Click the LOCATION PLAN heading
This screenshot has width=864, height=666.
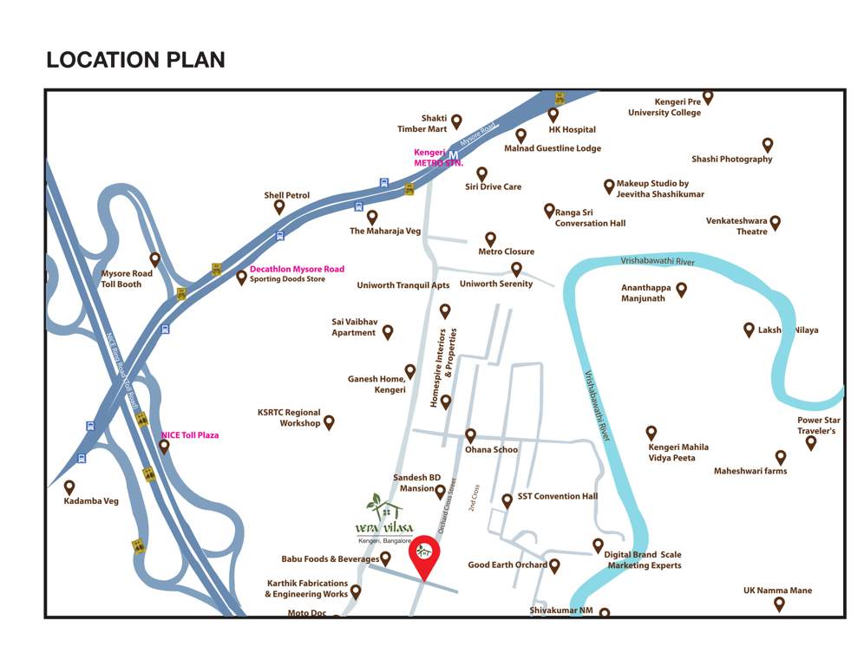pos(135,60)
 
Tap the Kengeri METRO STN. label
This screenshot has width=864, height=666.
pos(437,158)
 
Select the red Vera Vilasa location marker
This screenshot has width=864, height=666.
pos(424,555)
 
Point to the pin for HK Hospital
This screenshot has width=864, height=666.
pos(553,114)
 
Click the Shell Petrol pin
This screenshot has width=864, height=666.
pos(279,207)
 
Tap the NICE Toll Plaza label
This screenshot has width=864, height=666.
pos(190,435)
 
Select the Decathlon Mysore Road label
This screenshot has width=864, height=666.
pos(297,269)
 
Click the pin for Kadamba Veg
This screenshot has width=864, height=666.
pos(69,487)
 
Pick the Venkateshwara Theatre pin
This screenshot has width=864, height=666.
pos(776,223)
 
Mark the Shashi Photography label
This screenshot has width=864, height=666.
pos(731,160)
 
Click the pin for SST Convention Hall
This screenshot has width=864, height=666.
pos(507,500)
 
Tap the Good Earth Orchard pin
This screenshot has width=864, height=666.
pos(554,565)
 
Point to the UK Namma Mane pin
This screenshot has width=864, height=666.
pos(779,604)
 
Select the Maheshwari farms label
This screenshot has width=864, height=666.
pos(750,472)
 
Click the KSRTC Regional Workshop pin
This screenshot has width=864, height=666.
pos(329,422)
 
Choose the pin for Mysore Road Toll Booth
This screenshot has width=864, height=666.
pos(155,258)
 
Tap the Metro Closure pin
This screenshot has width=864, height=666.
pos(490,238)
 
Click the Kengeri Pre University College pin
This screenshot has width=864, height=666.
pos(708,96)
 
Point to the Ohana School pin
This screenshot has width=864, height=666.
pos(470,435)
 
